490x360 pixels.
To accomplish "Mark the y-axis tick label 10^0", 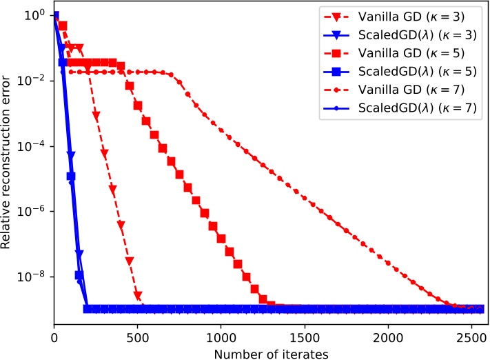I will point(34,15).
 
